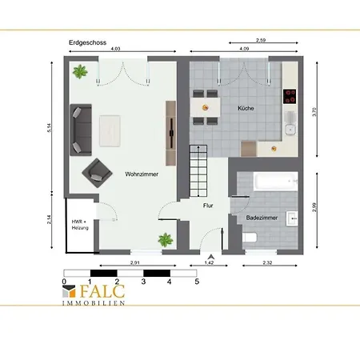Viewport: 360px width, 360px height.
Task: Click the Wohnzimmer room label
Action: (x=142, y=174)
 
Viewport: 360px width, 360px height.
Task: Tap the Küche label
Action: (x=246, y=108)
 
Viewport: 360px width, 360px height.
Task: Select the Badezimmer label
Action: (x=262, y=218)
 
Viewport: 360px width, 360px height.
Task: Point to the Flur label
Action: (x=208, y=206)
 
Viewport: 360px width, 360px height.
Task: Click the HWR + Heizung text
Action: (x=80, y=225)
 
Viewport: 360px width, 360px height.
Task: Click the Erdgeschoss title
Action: (x=87, y=42)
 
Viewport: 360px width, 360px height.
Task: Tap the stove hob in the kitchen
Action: (x=290, y=96)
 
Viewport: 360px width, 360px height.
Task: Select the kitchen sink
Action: (x=290, y=123)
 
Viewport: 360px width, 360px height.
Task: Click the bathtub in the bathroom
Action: (x=275, y=182)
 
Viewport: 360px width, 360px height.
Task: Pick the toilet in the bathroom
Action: (x=250, y=238)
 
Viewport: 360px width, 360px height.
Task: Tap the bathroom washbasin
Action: (x=292, y=218)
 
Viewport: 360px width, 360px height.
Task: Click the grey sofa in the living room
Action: (x=81, y=130)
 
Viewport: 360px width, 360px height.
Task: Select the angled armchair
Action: (x=97, y=173)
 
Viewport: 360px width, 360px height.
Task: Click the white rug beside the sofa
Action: (x=110, y=131)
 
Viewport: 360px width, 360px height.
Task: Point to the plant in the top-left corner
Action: (x=80, y=71)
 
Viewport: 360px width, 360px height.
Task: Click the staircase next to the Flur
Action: (x=198, y=171)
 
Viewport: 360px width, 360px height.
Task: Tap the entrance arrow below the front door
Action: (x=211, y=257)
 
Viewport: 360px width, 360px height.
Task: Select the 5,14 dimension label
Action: (x=50, y=128)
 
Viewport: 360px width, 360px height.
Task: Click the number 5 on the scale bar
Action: (x=197, y=282)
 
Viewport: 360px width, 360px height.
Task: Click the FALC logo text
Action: (x=102, y=291)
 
